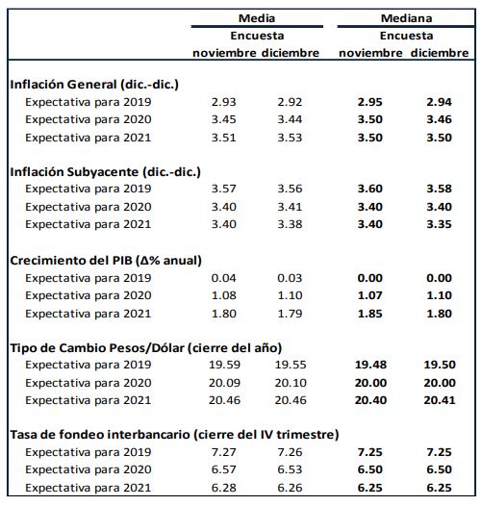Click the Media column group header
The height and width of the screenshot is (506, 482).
pyautogui.click(x=257, y=18)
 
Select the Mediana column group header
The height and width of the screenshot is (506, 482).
pyautogui.click(x=406, y=18)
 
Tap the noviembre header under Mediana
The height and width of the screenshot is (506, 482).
pyautogui.click(x=370, y=53)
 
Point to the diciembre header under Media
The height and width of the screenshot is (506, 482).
pyautogui.click(x=291, y=53)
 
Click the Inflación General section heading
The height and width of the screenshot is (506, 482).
pyautogui.click(x=94, y=85)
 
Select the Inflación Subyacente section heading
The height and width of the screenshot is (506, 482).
pyautogui.click(x=105, y=172)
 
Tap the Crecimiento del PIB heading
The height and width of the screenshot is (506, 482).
pyautogui.click(x=106, y=261)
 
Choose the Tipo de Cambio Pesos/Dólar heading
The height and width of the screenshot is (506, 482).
pyautogui.click(x=146, y=348)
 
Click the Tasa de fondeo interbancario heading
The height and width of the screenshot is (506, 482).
pyautogui.click(x=174, y=435)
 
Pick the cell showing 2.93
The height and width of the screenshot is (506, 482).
pyautogui.click(x=224, y=102)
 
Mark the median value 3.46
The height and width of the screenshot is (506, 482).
pyautogui.click(x=439, y=119)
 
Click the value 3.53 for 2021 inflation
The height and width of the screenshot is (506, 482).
pyautogui.click(x=290, y=138)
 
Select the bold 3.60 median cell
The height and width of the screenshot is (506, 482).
pyautogui.click(x=370, y=189)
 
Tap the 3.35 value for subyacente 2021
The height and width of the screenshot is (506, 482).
pyautogui.click(x=439, y=224)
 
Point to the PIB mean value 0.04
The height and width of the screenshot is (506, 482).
pyautogui.click(x=224, y=278)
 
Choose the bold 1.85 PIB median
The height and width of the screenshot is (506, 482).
pyautogui.click(x=370, y=314)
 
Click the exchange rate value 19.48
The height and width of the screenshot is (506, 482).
pyautogui.click(x=370, y=365)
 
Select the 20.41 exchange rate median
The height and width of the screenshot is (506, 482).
pyautogui.click(x=440, y=400)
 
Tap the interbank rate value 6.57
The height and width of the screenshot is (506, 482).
pyautogui.click(x=224, y=469)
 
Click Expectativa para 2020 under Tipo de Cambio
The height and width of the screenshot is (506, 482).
pyautogui.click(x=89, y=383)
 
